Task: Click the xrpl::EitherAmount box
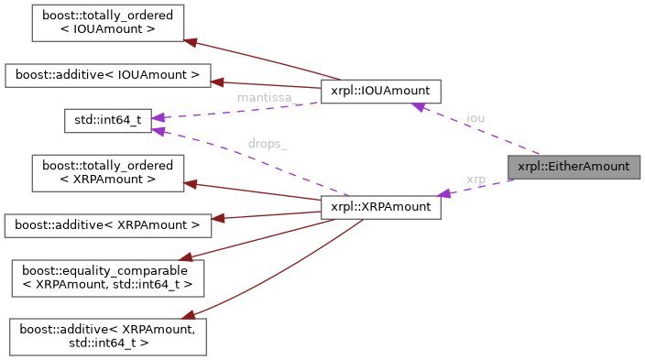pos(574,167)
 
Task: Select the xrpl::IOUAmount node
pos(381,91)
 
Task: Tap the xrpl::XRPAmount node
pos(381,207)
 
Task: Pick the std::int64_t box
pos(107,120)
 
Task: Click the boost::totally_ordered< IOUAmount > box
pos(107,23)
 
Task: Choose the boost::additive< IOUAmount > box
pos(107,73)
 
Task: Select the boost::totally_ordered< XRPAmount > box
pos(107,172)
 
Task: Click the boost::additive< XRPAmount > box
pos(107,224)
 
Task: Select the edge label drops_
pos(267,145)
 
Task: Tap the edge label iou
pos(476,118)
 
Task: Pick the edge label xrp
pos(476,180)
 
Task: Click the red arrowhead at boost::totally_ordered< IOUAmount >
pos(190,40)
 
